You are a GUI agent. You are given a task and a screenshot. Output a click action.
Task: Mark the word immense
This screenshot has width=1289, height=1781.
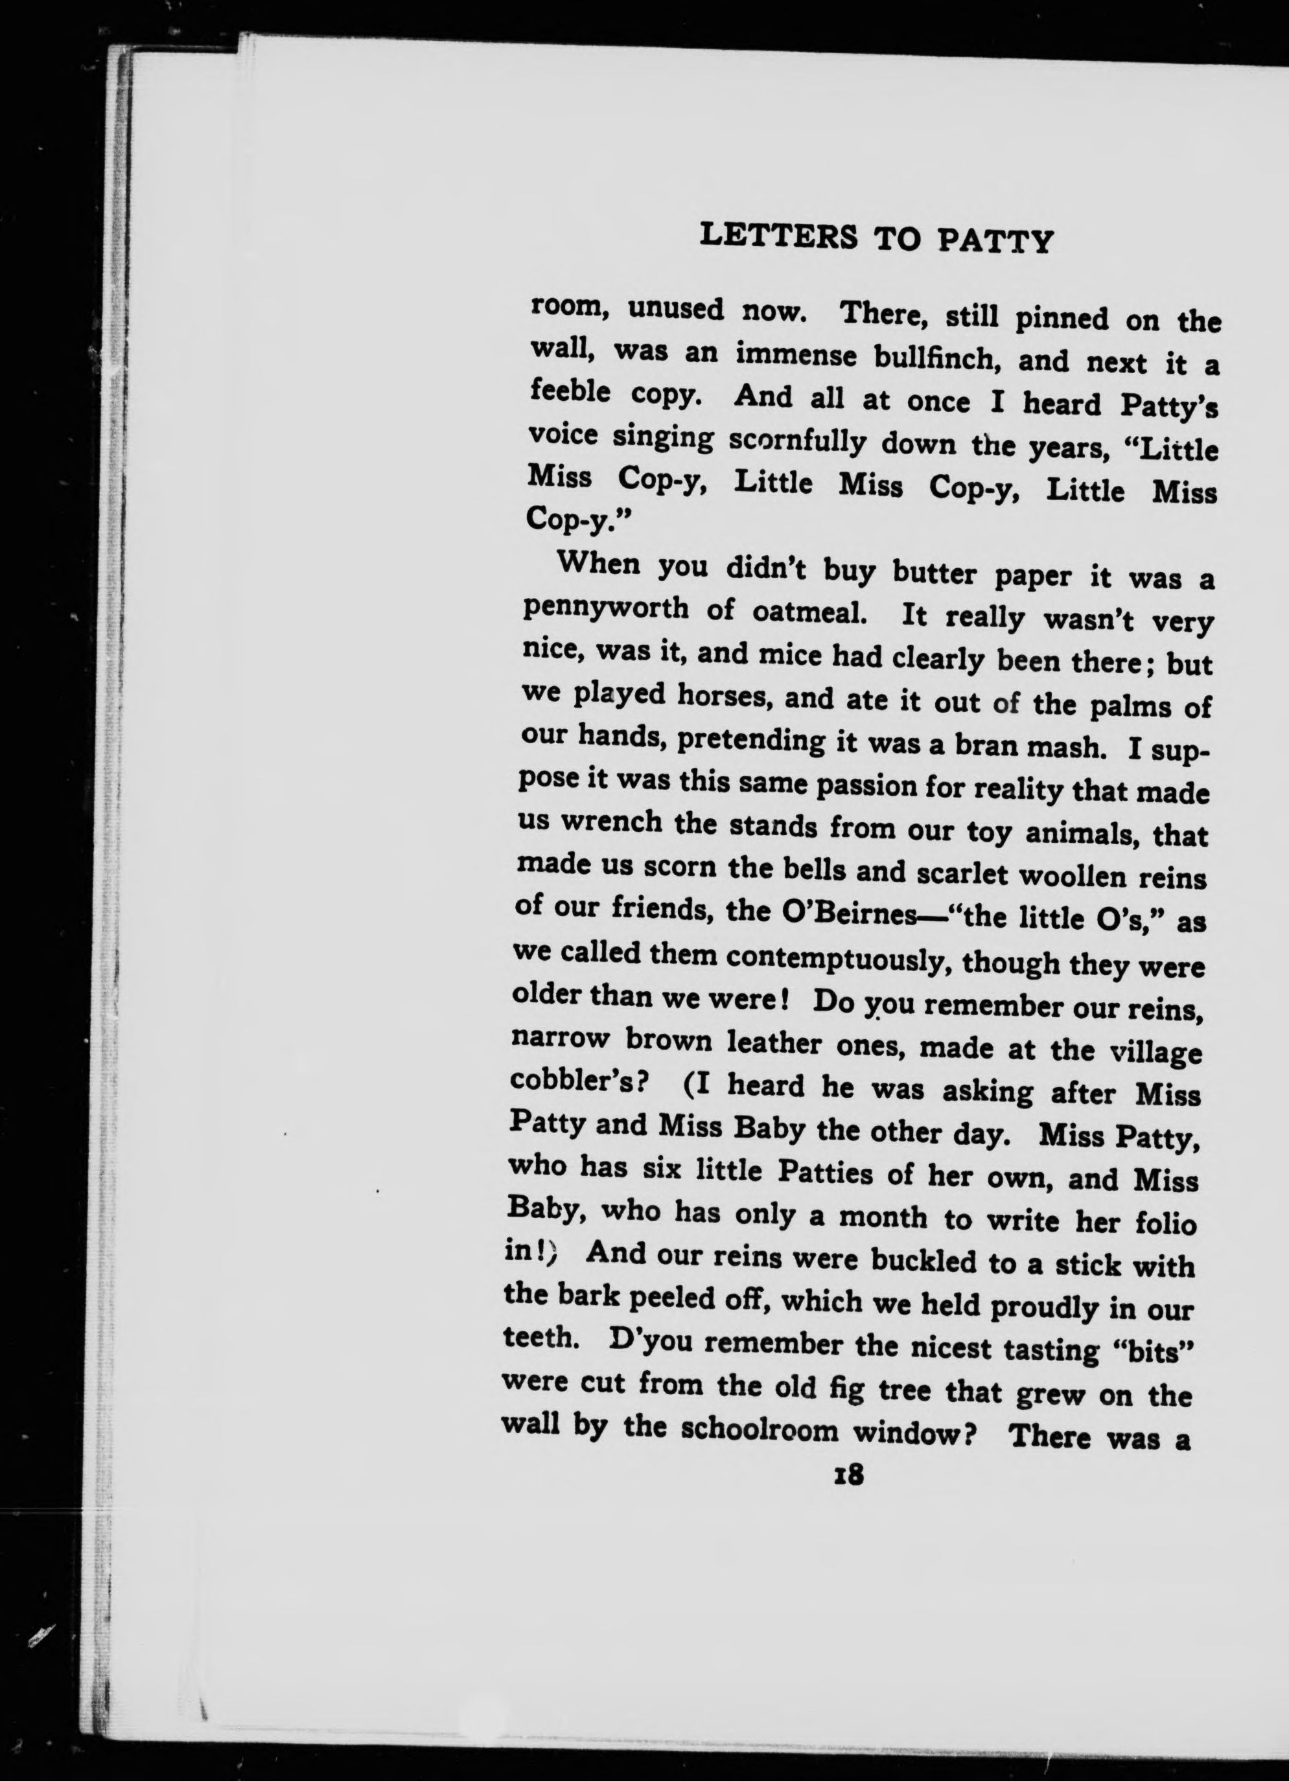point(796,356)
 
